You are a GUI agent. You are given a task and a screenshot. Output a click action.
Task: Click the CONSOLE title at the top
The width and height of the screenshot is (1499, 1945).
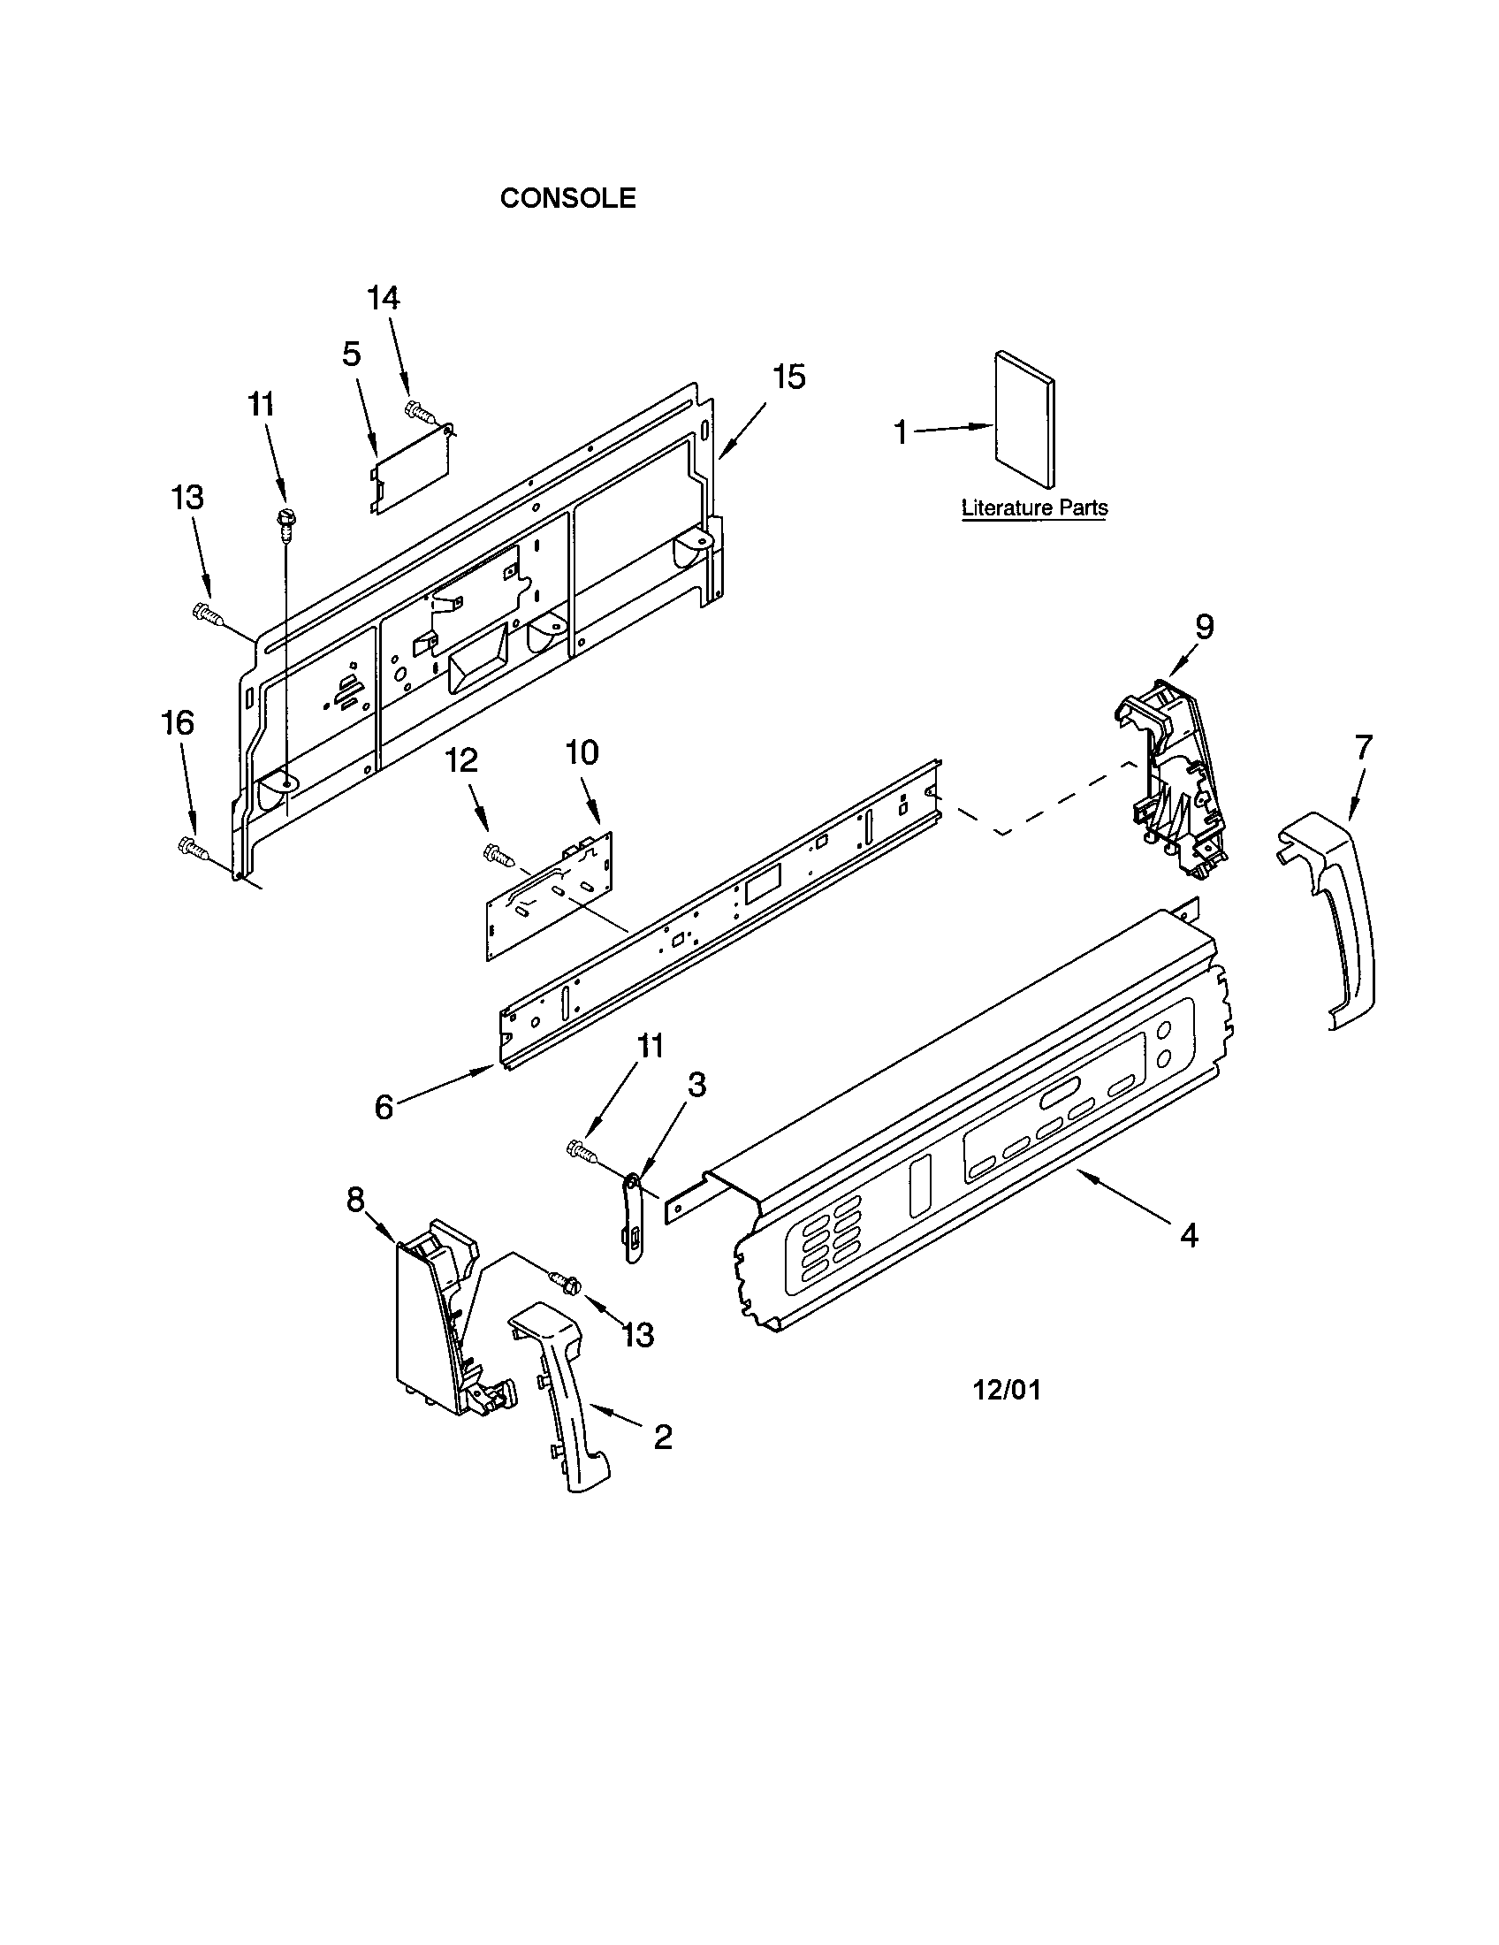568,198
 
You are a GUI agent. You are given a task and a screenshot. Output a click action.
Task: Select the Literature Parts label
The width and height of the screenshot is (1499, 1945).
1034,508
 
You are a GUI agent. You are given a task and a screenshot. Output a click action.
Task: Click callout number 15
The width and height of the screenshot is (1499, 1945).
788,378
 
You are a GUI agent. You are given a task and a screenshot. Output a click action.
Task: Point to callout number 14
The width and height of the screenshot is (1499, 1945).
384,298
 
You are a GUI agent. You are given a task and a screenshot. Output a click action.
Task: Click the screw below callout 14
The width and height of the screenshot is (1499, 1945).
418,410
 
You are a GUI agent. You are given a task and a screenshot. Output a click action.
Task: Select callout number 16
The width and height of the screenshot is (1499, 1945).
178,723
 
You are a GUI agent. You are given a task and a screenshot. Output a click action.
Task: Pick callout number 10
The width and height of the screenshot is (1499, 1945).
582,753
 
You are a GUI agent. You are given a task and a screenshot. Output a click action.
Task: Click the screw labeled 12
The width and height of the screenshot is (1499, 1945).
498,856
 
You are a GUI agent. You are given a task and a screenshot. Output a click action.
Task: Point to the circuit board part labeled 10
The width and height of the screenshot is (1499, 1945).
550,896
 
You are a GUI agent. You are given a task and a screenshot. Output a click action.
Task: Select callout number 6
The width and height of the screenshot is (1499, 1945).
384,1107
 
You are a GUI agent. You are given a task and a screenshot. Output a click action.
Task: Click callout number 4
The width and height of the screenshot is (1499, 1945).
1189,1235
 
